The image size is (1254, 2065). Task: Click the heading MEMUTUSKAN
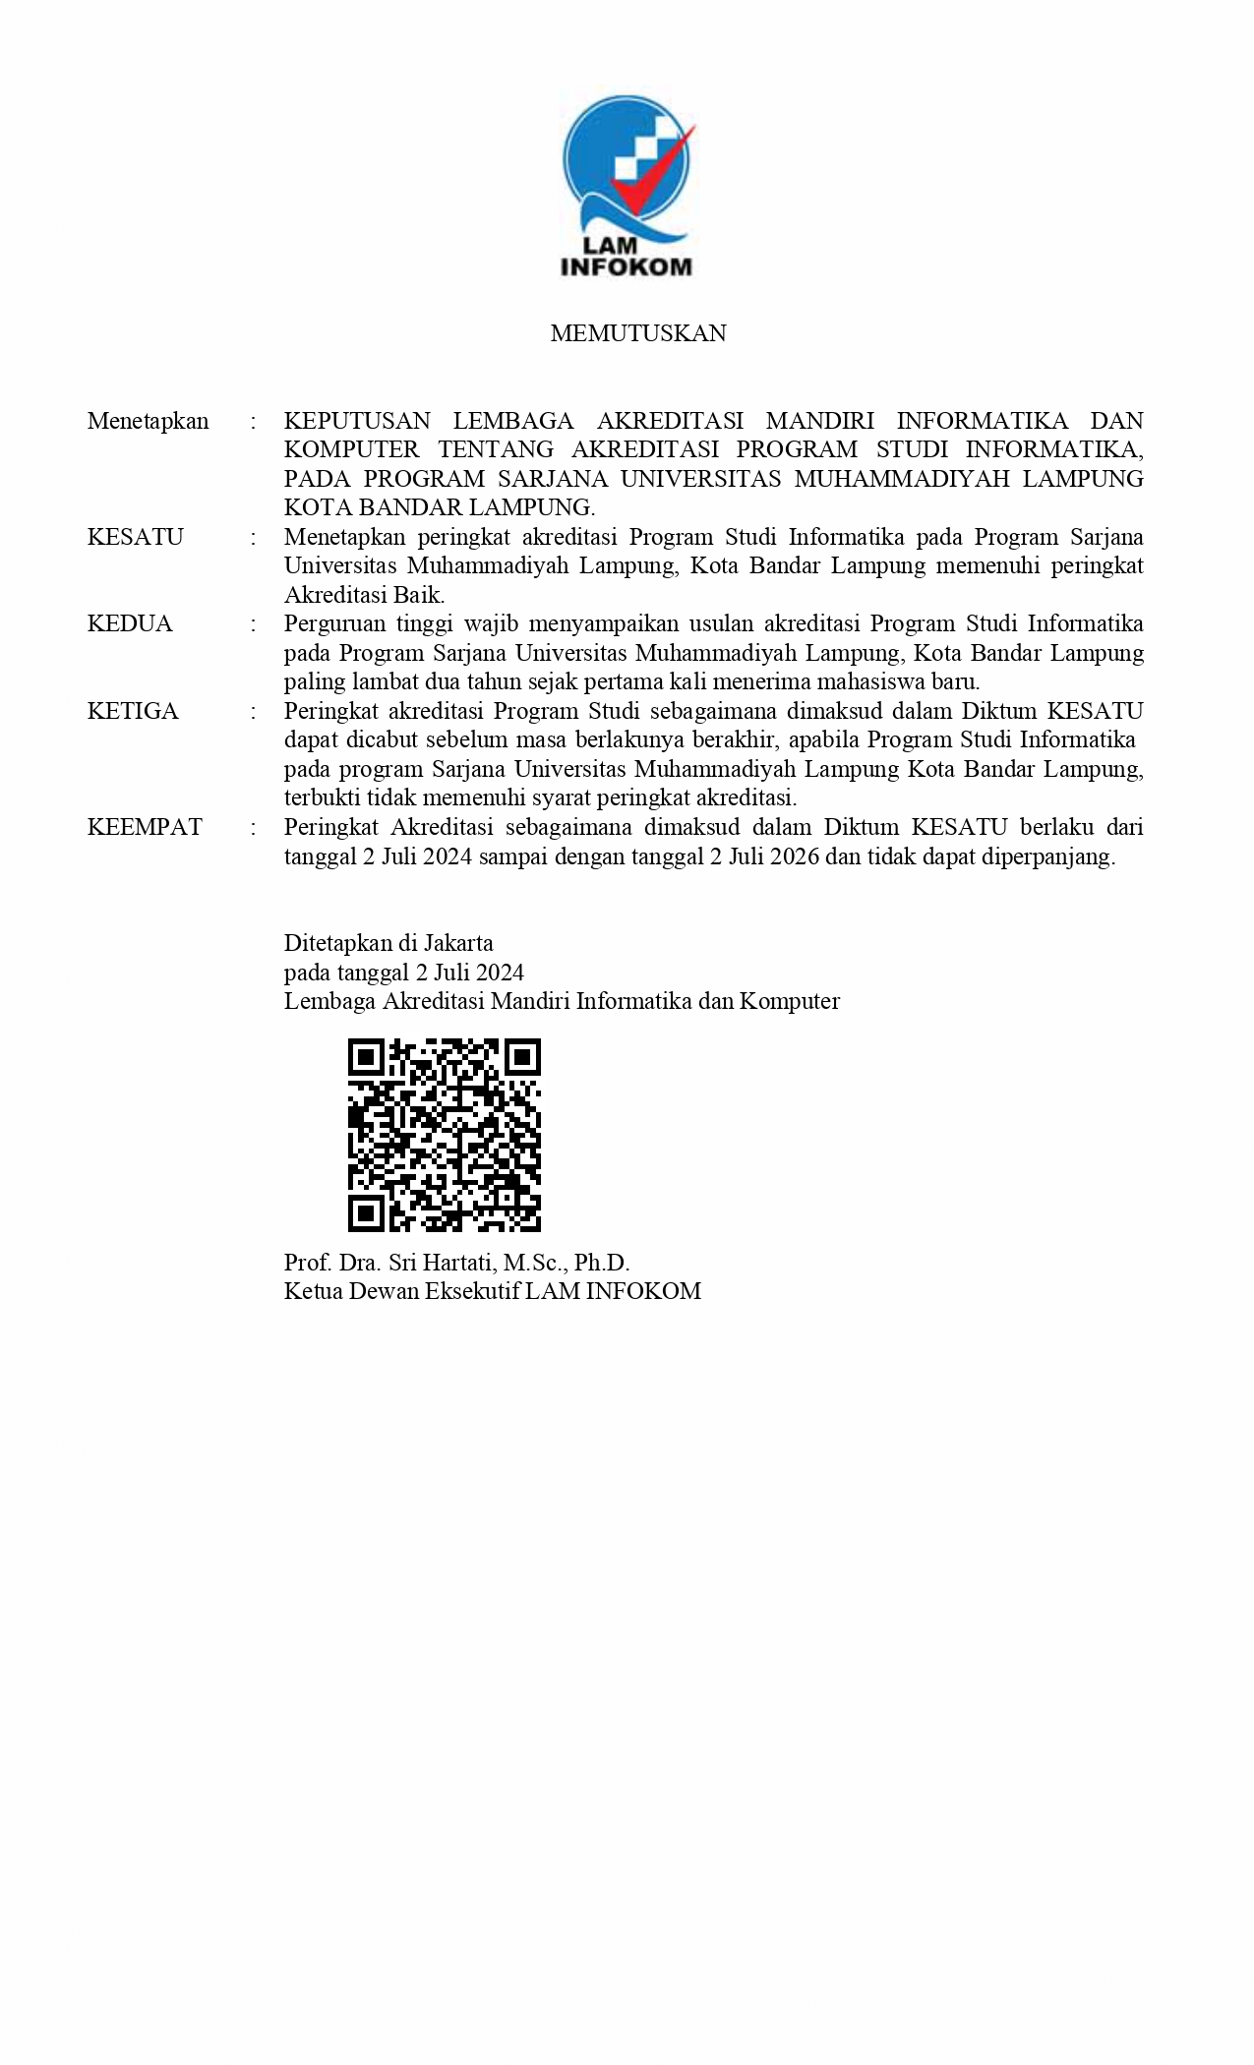point(637,333)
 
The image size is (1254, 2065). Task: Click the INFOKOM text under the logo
point(626,266)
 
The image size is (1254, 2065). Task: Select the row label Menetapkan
point(148,421)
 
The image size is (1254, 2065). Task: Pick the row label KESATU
point(135,537)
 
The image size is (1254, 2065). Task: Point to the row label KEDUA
point(130,624)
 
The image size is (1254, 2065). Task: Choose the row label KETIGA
point(133,711)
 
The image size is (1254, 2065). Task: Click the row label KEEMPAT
point(145,827)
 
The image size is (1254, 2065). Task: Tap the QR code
point(445,1135)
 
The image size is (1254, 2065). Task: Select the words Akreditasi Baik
point(364,595)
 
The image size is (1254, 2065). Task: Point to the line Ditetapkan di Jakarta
point(388,943)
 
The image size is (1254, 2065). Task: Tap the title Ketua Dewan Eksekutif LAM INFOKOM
point(492,1291)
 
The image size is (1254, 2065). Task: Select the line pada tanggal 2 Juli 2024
point(403,973)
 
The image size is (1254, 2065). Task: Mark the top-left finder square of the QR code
point(366,1058)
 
